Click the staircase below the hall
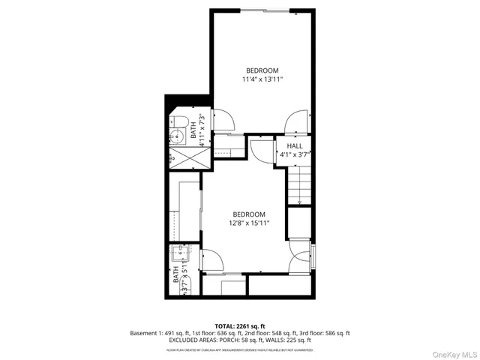coord(299,186)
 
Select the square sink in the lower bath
coord(180,253)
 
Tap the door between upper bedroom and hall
coord(297,121)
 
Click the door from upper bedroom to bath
coord(223,120)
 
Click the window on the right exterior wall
coord(314,255)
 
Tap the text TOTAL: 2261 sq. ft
coord(239,325)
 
